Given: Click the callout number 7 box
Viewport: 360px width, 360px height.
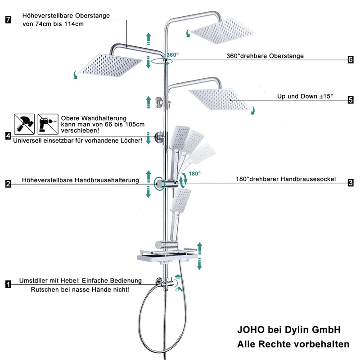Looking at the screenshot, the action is (8, 19).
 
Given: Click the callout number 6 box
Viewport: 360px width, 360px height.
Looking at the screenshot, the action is (351, 60).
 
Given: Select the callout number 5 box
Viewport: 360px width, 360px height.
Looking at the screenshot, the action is (351, 100).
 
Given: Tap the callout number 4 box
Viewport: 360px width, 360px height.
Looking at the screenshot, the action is (8, 136).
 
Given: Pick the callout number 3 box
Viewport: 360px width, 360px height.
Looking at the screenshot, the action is (351, 183).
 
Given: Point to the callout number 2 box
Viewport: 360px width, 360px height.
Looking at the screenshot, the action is (8, 184).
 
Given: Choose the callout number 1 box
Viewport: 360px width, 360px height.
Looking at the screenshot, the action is (8, 284).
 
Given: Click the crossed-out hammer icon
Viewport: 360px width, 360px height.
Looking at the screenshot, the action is (24, 124).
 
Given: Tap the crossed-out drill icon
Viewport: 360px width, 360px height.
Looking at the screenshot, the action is (48, 124).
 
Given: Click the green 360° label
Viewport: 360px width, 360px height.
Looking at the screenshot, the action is (173, 55).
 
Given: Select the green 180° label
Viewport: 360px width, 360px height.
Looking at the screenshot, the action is (194, 174).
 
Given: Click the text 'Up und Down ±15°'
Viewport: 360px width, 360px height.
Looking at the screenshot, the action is (305, 96).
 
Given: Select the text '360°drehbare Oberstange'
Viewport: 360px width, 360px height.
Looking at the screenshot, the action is (265, 56).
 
